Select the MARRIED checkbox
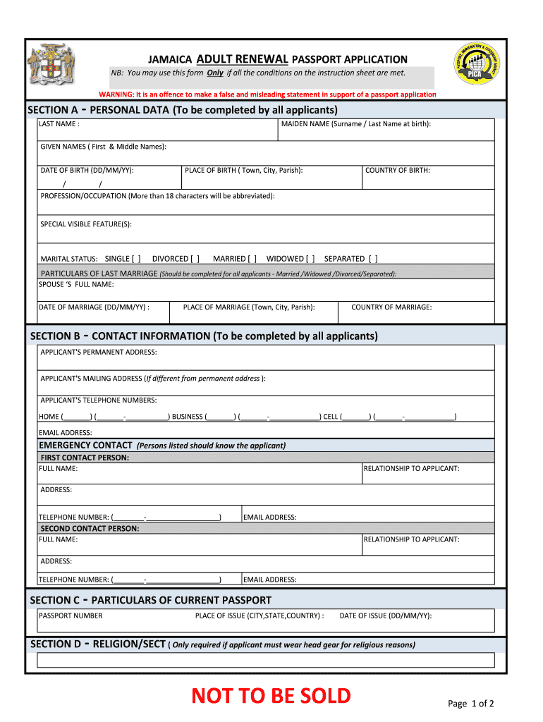click(x=252, y=259)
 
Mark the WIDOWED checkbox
click(x=310, y=259)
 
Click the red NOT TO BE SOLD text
click(x=271, y=696)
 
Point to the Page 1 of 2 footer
click(x=470, y=703)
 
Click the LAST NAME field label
click(x=59, y=124)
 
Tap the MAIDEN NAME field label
click(x=355, y=124)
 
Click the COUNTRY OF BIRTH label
click(x=397, y=170)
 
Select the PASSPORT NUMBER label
click(x=71, y=616)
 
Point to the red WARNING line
click(x=267, y=94)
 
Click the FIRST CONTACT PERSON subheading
click(x=85, y=458)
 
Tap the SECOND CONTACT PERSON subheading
click(x=90, y=528)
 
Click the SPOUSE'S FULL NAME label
click(x=76, y=285)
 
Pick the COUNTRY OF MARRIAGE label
click(x=391, y=307)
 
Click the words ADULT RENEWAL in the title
click(x=242, y=59)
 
